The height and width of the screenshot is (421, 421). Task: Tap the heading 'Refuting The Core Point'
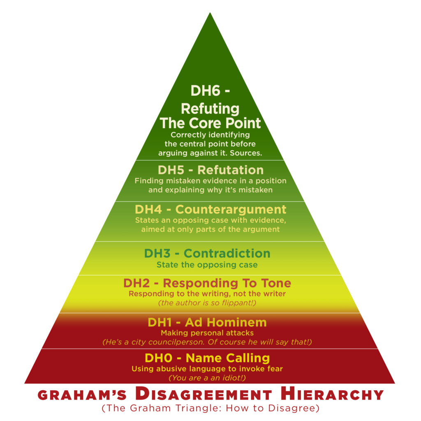210,116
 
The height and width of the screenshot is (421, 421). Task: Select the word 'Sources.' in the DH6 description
248,153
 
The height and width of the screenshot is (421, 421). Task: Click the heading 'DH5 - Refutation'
210,170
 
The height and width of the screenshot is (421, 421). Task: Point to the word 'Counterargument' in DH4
231,209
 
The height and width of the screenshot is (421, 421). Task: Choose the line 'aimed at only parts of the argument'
210,229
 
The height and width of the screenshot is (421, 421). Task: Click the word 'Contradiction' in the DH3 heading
227,253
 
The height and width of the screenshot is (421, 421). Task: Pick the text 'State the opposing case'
207,265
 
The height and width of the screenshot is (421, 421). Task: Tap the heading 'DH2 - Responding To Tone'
207,283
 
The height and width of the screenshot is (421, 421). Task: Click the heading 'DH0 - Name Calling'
207,358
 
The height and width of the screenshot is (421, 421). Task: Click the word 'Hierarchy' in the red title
331,395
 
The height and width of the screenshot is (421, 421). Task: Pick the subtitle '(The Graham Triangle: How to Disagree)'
210,409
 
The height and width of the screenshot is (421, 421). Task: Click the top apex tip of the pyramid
210,14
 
